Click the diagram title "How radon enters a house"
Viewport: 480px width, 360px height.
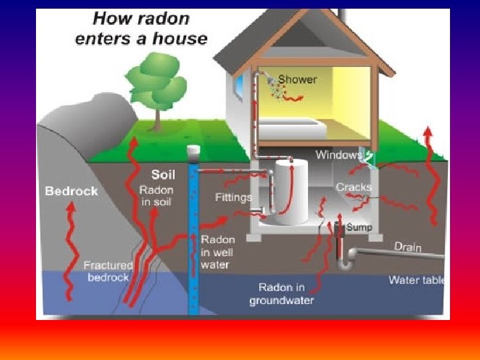click(141, 29)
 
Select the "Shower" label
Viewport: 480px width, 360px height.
click(297, 79)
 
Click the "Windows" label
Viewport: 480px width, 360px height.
click(338, 155)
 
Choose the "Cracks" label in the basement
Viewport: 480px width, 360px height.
click(353, 187)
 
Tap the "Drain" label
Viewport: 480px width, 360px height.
click(407, 247)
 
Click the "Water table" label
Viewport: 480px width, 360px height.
click(417, 280)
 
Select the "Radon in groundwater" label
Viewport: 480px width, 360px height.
click(281, 294)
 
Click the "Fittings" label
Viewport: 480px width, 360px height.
click(233, 197)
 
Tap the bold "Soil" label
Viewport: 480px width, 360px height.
click(163, 175)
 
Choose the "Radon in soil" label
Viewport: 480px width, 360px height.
click(157, 195)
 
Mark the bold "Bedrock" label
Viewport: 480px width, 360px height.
click(71, 191)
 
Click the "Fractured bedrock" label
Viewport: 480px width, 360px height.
click(107, 271)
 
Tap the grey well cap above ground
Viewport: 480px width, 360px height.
click(194, 151)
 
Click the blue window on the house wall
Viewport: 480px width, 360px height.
click(239, 87)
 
